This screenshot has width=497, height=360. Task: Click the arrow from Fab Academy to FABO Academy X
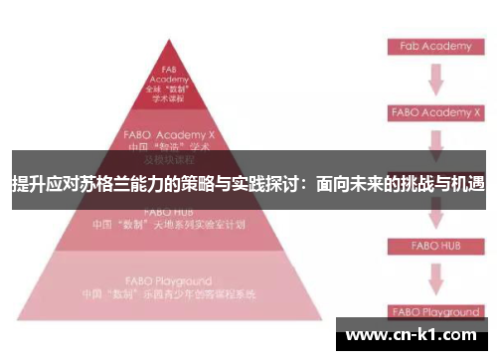pyautogui.click(x=434, y=80)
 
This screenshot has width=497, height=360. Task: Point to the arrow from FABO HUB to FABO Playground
pyautogui.click(x=434, y=277)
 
